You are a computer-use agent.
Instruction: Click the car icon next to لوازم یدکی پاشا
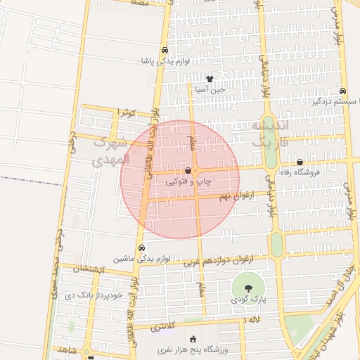[164, 51]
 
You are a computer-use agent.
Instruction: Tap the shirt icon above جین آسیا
[210, 79]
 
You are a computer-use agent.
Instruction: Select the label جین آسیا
[210, 90]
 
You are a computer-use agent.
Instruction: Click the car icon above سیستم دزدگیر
[342, 91]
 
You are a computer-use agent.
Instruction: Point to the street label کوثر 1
[127, 112]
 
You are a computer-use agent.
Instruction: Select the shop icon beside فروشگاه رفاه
[300, 162]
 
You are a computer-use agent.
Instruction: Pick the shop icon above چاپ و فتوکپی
[188, 171]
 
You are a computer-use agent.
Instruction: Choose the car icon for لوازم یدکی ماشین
[143, 247]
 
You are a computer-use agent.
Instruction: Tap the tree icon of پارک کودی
[247, 288]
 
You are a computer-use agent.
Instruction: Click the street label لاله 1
[251, 321]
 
